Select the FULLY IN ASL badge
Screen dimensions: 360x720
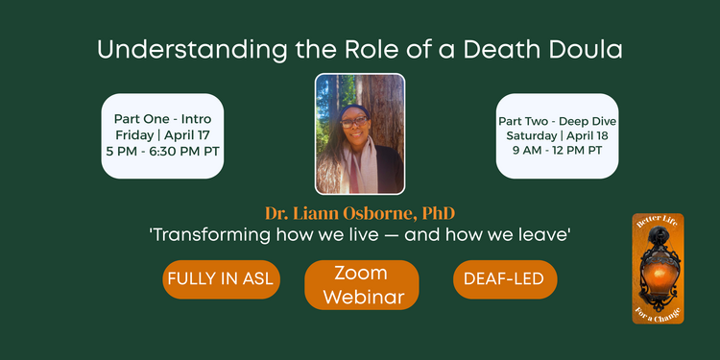click(x=221, y=279)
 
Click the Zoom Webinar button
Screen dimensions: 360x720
click(x=361, y=285)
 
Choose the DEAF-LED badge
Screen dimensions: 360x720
click(x=504, y=279)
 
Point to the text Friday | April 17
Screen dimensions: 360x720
click(x=162, y=135)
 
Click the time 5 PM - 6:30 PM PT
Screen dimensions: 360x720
click(x=162, y=151)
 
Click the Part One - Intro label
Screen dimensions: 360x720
click(x=162, y=120)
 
